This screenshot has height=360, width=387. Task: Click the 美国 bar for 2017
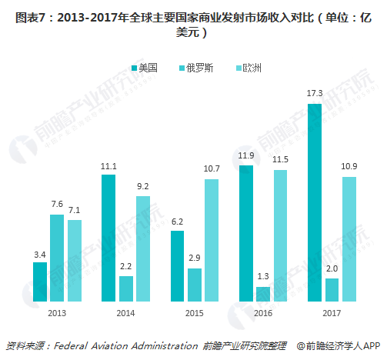coord(314,202)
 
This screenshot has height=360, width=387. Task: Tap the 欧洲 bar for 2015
coord(211,240)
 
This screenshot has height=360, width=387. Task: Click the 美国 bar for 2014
coord(108,238)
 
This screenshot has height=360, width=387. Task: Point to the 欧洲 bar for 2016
coord(279,235)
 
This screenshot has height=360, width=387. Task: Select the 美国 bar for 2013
coord(40,282)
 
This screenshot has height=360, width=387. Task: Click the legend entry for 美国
coord(143,68)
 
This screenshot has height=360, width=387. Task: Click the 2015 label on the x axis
coord(194,314)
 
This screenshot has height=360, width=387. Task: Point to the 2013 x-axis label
coord(57,314)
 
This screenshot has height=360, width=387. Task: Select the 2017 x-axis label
coord(331,314)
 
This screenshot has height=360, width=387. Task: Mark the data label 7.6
coord(57,205)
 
